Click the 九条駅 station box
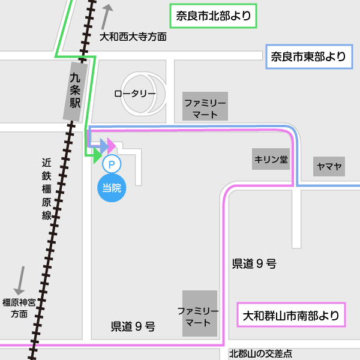coord(75,91)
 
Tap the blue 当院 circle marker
coord(112,187)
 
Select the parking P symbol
coord(112,163)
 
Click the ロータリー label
coord(135,94)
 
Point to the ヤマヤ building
coord(329,166)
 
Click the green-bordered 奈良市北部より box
coord(214,16)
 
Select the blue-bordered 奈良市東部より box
coord(308,58)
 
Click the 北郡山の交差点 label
coord(260,353)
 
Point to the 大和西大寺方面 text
coord(133,37)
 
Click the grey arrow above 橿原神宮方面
coord(20,280)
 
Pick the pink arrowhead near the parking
coord(112,145)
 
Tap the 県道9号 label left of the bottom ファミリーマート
coord(133,327)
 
